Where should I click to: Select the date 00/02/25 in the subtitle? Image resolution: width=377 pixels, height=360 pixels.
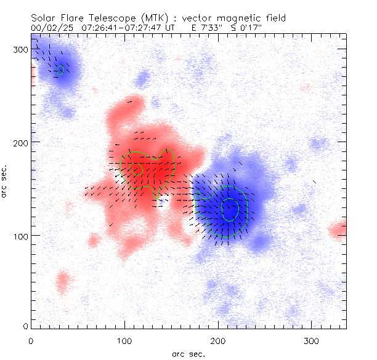point(51,28)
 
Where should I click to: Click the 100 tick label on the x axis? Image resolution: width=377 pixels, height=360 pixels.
point(124,340)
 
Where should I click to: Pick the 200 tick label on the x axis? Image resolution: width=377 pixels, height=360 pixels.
point(218,340)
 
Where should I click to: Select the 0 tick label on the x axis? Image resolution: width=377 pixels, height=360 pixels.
point(31,340)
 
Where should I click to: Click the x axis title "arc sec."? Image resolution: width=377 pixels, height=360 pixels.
point(188,354)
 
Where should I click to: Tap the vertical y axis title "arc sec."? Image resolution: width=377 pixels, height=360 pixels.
point(5,181)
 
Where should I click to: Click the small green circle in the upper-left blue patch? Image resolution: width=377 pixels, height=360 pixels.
point(60,71)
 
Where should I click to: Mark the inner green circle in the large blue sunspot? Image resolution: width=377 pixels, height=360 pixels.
point(230,209)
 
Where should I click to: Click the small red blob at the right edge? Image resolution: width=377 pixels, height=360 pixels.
point(338,231)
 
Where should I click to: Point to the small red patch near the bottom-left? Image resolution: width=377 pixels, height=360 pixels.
point(62,282)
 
